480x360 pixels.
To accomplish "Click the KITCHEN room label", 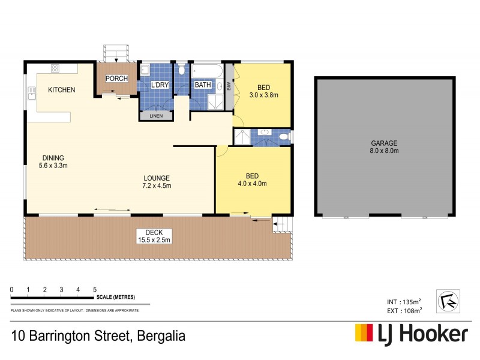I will tap(62, 90).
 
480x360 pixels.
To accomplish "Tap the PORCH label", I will tap(115, 79).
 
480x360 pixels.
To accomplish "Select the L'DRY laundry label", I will tap(160, 85).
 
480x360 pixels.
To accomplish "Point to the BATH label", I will tap(203, 85).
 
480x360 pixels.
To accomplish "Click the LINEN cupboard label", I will tap(155, 115).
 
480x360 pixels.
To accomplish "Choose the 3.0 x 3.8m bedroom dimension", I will tap(264, 95).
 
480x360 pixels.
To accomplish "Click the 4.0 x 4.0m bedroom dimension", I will tap(252, 184).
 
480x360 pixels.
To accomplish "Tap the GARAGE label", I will tap(384, 143).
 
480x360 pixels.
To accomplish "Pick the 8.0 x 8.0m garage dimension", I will tap(384, 151).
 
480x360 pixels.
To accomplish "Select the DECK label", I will tap(146, 233).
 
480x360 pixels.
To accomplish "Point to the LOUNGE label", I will tap(157, 178).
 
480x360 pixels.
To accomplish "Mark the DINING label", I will tap(53, 158).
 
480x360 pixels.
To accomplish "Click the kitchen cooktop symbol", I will tap(55, 68).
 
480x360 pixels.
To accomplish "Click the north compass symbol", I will tap(449, 299).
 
